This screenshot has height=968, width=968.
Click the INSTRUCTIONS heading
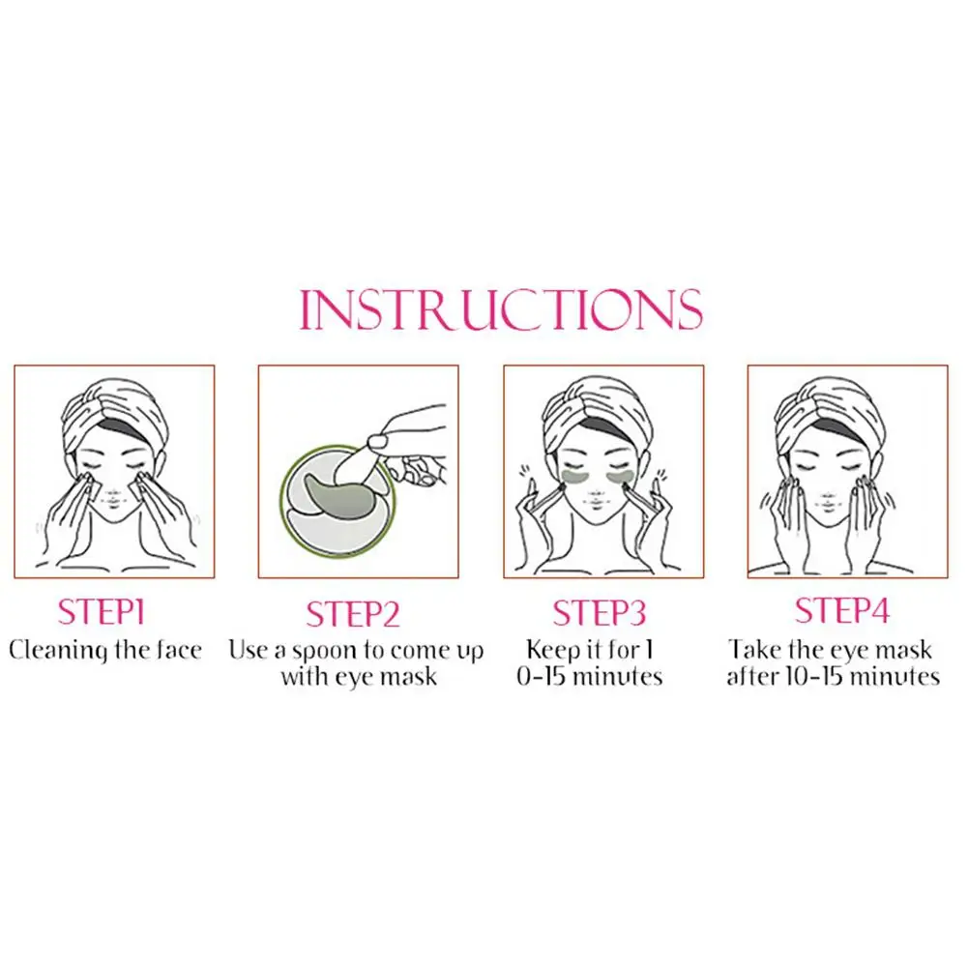pos(501,308)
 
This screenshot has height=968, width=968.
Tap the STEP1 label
pos(102,612)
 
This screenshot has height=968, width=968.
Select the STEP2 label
pos(353,614)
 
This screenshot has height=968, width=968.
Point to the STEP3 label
pos(599,612)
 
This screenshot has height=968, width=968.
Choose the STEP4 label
pos(841,610)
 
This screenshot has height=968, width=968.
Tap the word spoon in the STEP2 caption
pos(325,653)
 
